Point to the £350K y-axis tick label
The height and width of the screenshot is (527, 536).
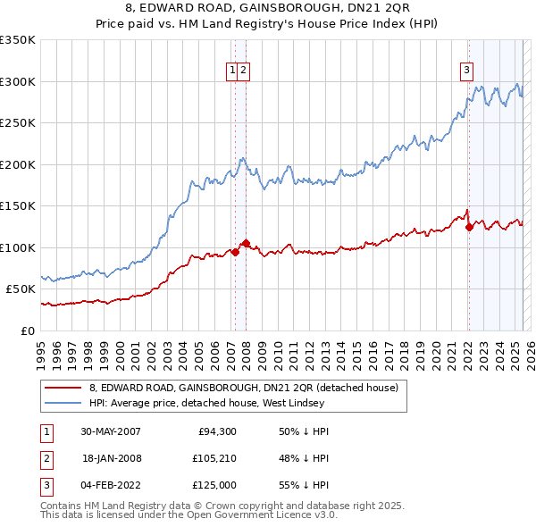click(x=18, y=40)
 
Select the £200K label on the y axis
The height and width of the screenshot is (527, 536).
click(x=18, y=164)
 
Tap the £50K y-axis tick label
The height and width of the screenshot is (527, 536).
click(x=21, y=289)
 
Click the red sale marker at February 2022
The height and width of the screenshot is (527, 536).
click(x=469, y=227)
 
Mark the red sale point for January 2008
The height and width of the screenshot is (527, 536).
click(x=246, y=243)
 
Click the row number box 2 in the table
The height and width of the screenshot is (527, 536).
click(x=46, y=457)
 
